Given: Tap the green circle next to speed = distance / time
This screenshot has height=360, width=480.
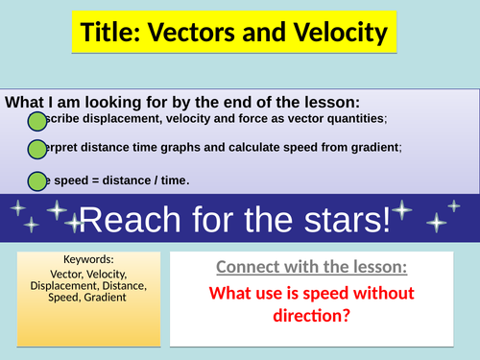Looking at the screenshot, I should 36,180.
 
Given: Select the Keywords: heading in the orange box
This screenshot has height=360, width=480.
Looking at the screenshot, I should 88,259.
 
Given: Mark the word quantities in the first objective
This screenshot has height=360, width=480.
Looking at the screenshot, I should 353,118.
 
